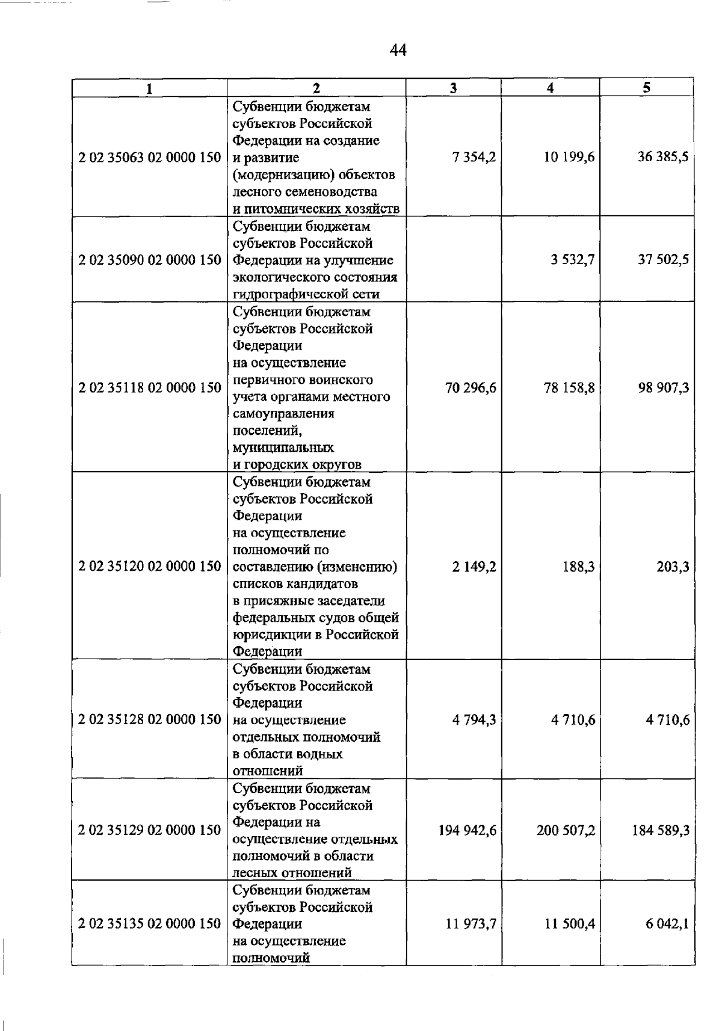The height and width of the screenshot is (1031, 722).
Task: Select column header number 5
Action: coord(646,88)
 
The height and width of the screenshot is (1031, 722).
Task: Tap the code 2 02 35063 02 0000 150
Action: coord(150,158)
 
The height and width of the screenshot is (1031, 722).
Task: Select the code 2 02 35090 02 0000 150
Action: coord(150,260)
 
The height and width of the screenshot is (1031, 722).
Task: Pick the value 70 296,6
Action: coord(471,388)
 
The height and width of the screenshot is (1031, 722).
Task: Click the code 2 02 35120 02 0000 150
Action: coord(150,567)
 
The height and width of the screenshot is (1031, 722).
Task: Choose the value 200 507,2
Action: coord(566,831)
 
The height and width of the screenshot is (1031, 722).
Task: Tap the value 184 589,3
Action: coord(661,831)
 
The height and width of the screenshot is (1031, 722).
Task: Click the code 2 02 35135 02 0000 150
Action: coord(150,924)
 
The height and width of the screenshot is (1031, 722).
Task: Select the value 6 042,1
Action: coord(667,924)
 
